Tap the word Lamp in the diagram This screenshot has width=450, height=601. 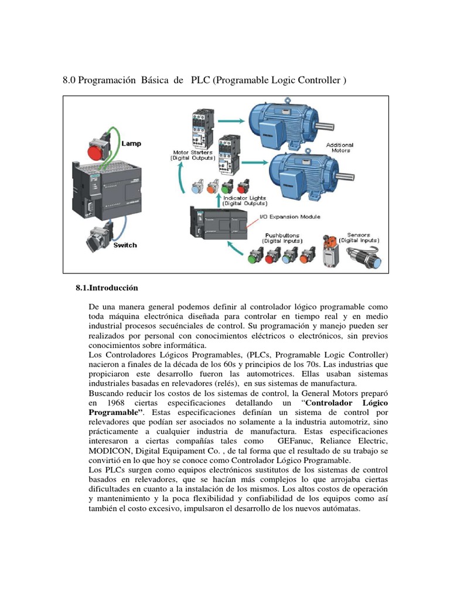pos(131,143)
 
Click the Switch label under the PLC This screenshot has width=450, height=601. pos(125,245)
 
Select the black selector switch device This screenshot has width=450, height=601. pos(96,238)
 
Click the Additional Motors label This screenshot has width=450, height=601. pos(340,147)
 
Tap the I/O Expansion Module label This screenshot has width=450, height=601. pos(289,217)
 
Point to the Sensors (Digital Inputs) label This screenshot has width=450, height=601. pos(359,238)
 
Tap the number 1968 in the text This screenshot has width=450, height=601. pos(117,404)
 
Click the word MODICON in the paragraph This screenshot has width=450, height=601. pos(106,451)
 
